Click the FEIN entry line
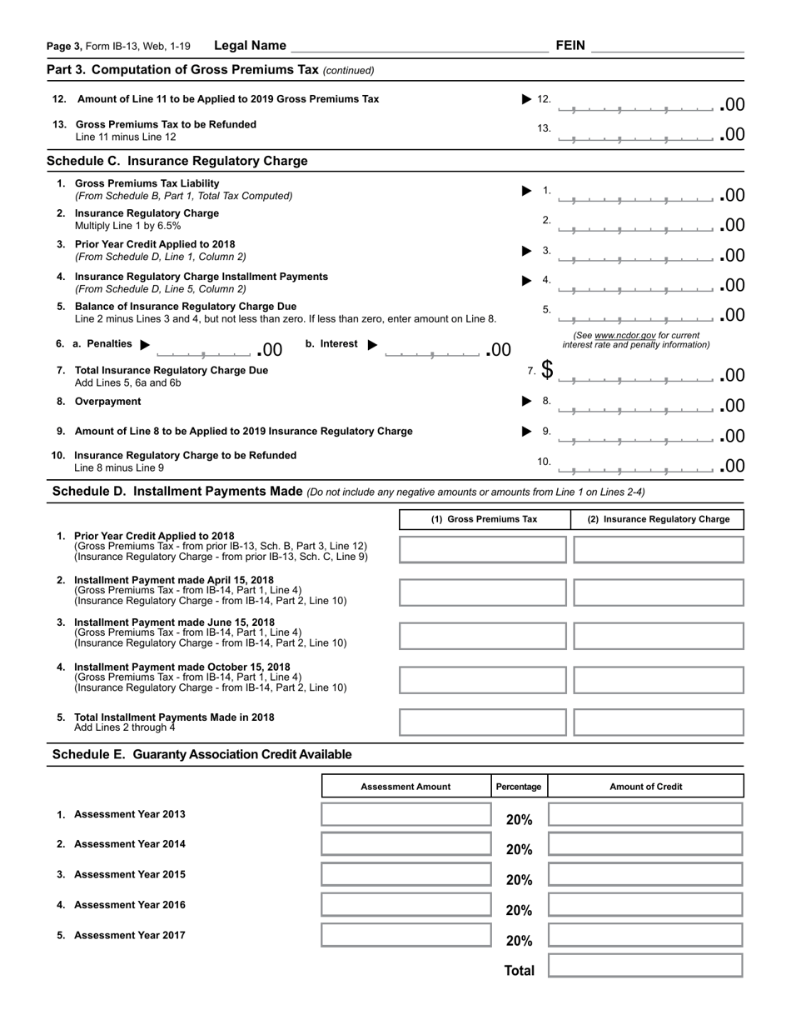tap(667, 47)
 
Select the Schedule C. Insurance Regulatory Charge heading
tap(177, 161)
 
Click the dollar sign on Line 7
tap(547, 370)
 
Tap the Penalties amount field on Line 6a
tap(205, 349)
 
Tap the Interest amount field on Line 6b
tap(432, 349)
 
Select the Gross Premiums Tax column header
tap(484, 519)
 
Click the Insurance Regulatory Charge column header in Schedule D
tap(658, 519)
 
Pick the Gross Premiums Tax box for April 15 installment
tap(483, 592)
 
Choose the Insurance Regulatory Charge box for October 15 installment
tap(658, 679)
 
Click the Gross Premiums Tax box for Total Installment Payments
tap(483, 722)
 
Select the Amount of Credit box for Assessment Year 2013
tap(645, 814)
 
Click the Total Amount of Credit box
tap(645, 966)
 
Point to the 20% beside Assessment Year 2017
tap(519, 940)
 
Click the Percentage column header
tap(519, 787)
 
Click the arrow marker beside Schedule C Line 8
tap(526, 401)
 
